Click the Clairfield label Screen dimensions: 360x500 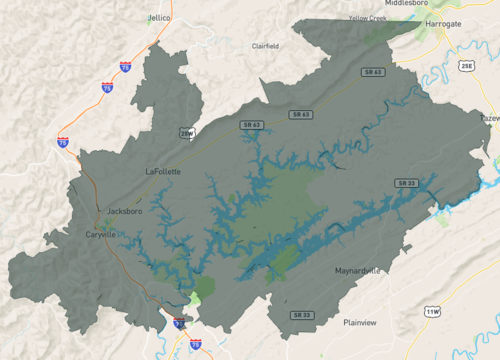[266, 46]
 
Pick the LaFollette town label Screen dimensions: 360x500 [164, 171]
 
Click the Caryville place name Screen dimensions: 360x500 [101, 234]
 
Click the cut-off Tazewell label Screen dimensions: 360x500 [491, 118]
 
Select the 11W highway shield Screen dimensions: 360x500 [432, 312]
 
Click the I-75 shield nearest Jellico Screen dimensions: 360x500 [125, 66]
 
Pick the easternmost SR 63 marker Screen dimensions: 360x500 [298, 115]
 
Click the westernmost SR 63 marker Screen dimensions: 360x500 [250, 125]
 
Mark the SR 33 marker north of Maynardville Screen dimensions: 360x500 [406, 183]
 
